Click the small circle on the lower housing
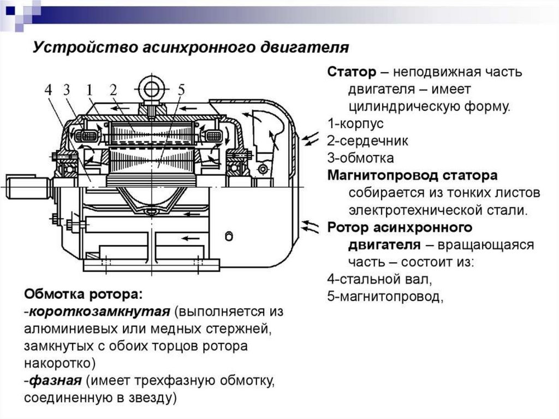(229, 235)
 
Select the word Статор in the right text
(352, 73)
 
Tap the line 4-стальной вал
(380, 279)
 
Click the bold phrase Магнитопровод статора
(412, 176)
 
